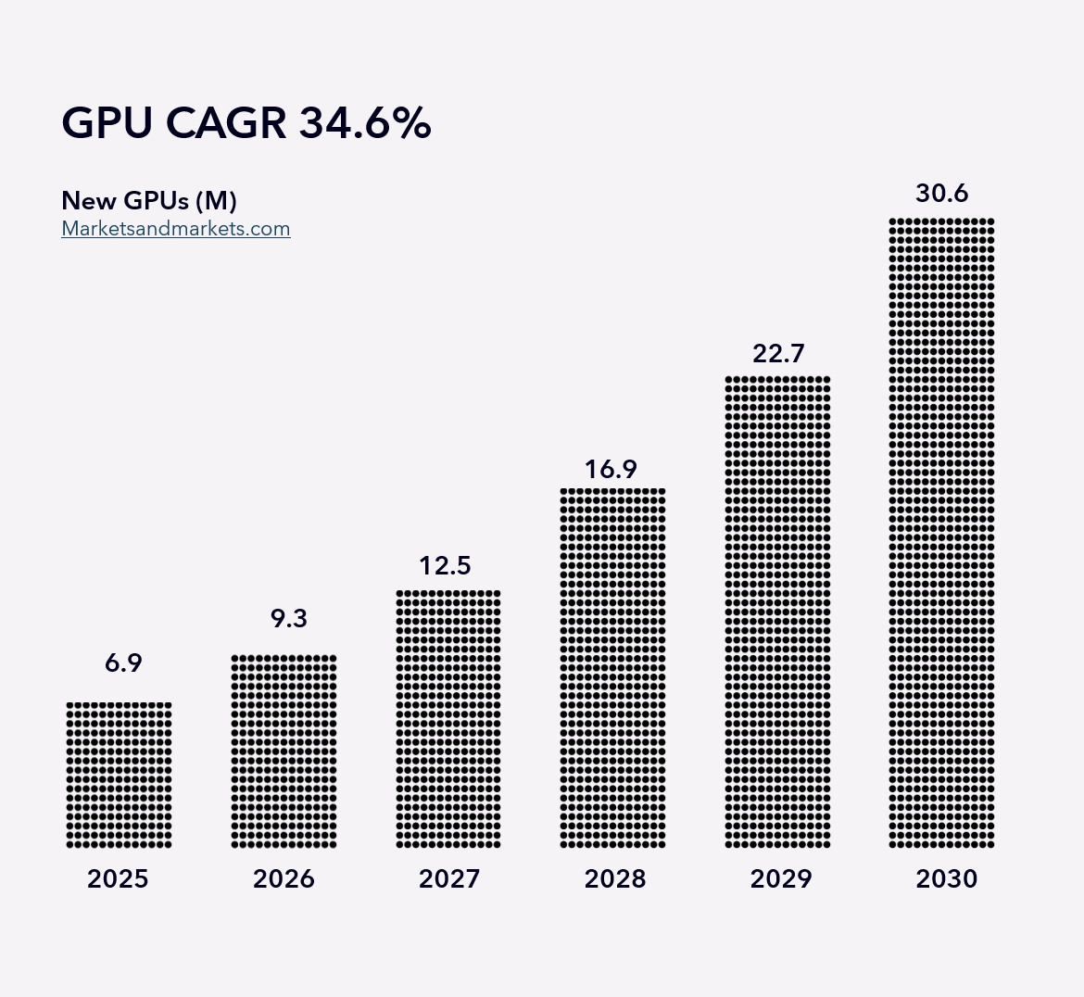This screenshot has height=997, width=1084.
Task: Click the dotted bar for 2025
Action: click(x=119, y=775)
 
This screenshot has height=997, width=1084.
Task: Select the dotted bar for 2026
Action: click(x=284, y=751)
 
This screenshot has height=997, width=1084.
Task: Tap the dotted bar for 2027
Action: click(x=448, y=719)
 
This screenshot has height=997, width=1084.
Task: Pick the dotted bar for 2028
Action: click(x=613, y=668)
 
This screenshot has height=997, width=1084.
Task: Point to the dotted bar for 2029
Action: click(x=777, y=612)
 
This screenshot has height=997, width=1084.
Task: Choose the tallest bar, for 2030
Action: click(x=941, y=533)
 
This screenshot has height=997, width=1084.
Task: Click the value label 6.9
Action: click(x=124, y=663)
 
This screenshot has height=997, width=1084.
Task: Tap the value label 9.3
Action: click(x=289, y=618)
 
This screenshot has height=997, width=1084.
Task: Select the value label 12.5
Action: click(x=446, y=565)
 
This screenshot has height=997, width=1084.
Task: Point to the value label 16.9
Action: click(x=611, y=470)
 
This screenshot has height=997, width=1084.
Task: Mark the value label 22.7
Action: click(x=778, y=353)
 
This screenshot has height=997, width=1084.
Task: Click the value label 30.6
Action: click(x=942, y=193)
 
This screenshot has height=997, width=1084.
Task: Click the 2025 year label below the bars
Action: click(x=119, y=878)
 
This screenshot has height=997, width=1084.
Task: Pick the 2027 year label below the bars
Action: click(x=449, y=878)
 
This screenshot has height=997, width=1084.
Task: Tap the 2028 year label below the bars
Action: click(x=615, y=878)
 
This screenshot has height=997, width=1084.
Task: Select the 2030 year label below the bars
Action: click(x=947, y=878)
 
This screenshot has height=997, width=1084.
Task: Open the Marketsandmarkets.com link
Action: click(x=176, y=229)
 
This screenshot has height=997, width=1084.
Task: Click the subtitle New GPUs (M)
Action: click(x=149, y=200)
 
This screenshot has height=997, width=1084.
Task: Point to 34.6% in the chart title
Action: click(x=365, y=123)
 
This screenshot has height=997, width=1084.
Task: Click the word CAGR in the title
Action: click(x=226, y=123)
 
